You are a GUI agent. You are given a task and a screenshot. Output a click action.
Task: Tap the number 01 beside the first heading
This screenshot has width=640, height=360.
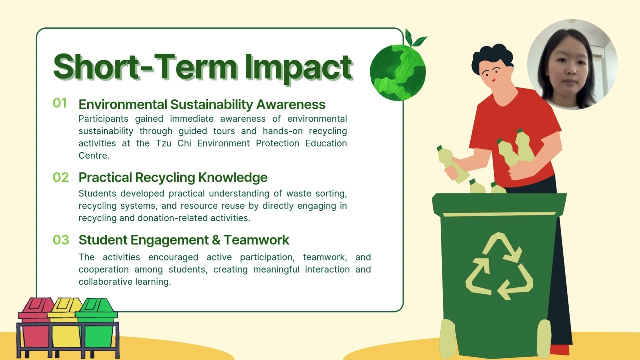pos(60,103)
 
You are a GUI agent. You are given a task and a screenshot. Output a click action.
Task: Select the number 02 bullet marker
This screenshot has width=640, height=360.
pos(61,177)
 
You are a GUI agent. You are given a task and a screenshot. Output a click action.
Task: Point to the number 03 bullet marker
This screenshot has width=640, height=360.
pos(61,240)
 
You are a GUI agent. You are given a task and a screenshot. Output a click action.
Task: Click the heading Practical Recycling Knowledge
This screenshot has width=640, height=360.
pos(173,177)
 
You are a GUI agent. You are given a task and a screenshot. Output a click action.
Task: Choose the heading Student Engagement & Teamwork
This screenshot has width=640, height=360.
pos(184,240)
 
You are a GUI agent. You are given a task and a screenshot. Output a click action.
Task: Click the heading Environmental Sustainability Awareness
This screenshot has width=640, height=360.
pos(202,104)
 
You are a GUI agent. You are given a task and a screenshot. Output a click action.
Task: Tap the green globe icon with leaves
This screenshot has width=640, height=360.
pos(398,70)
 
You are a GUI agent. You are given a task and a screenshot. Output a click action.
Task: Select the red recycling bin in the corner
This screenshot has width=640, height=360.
pos(35,325)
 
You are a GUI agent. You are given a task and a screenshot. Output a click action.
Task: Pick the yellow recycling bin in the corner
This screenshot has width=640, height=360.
pos(65,325)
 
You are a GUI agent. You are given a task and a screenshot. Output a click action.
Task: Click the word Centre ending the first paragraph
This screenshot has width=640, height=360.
pos(94,155)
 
